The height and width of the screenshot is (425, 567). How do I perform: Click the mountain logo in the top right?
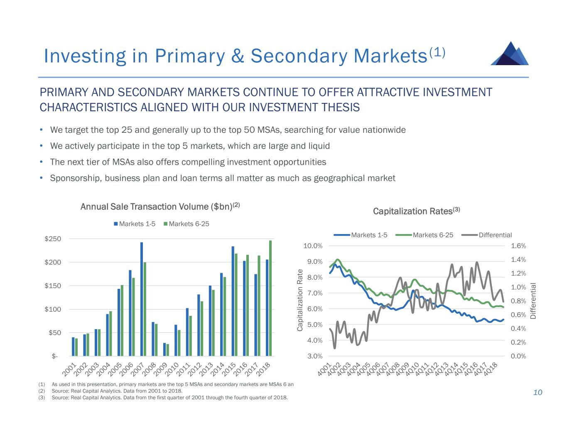click(x=510, y=54)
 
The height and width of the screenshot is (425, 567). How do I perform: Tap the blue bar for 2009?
click(x=164, y=349)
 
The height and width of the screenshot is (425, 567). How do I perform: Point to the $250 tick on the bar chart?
click(x=53, y=239)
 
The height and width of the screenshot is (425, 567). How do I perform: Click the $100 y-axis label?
click(x=53, y=309)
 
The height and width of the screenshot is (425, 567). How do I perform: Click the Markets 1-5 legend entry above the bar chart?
click(x=135, y=224)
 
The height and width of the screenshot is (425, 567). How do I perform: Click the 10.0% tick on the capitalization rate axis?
click(x=313, y=246)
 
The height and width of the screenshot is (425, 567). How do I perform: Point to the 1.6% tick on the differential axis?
click(x=518, y=246)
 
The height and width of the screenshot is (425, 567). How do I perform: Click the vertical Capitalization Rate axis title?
click(x=300, y=300)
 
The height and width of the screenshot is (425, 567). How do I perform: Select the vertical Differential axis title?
click(x=533, y=300)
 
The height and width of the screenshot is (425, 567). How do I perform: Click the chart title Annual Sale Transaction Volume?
click(x=160, y=206)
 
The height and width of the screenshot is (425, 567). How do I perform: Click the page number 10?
click(x=538, y=393)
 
